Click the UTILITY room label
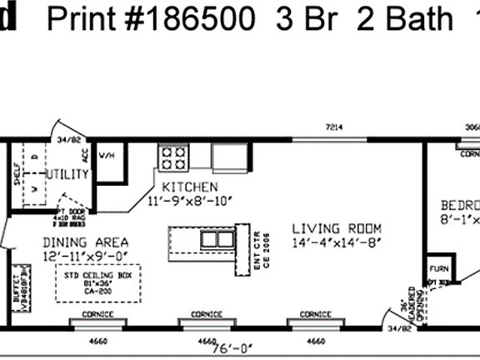point(67,174)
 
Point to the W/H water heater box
point(108,156)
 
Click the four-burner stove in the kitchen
point(173,157)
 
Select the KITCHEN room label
point(190,187)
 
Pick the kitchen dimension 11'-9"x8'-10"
point(190,201)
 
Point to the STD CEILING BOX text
point(98,273)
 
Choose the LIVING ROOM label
point(337,229)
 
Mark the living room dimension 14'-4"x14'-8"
point(337,243)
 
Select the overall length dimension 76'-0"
point(219,349)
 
